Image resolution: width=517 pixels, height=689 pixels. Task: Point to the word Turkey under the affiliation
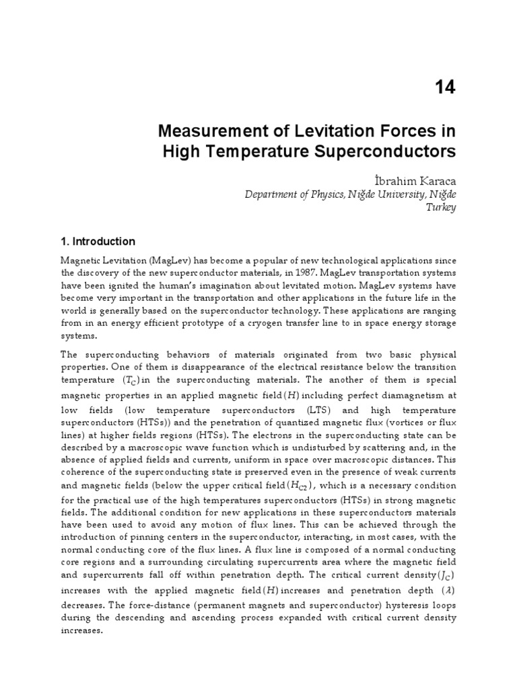[442, 207]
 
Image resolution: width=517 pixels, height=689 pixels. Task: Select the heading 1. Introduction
[98, 242]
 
